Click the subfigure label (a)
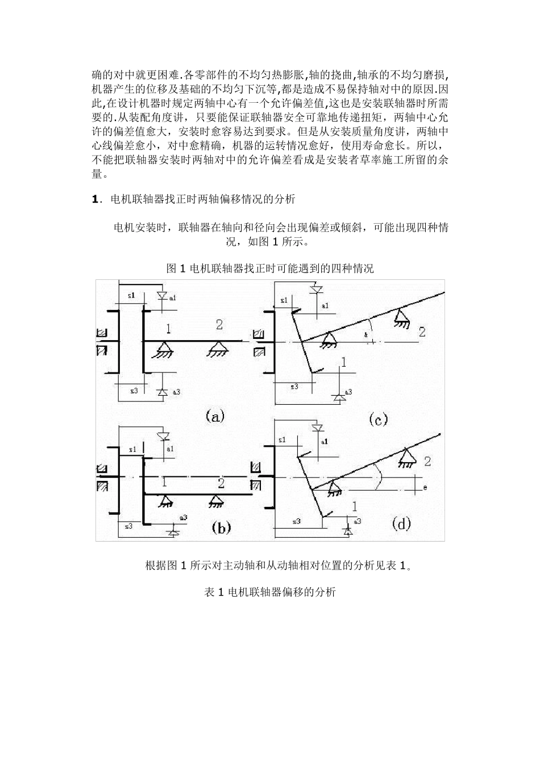[215, 416]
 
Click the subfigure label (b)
[221, 528]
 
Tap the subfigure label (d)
[401, 524]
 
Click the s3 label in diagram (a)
[134, 391]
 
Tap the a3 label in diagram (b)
[183, 518]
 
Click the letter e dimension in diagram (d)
[425, 487]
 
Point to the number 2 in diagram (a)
[219, 325]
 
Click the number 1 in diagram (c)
[343, 362]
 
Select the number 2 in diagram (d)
[427, 461]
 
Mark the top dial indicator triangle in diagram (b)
[165, 437]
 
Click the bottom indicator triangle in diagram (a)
[161, 392]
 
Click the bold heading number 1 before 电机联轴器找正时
[95, 199]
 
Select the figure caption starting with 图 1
[270, 269]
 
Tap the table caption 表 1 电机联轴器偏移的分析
[270, 592]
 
